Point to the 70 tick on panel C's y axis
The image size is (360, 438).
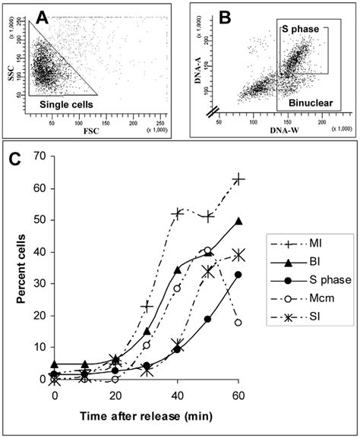39,157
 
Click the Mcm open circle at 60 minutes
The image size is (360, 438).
239,323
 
